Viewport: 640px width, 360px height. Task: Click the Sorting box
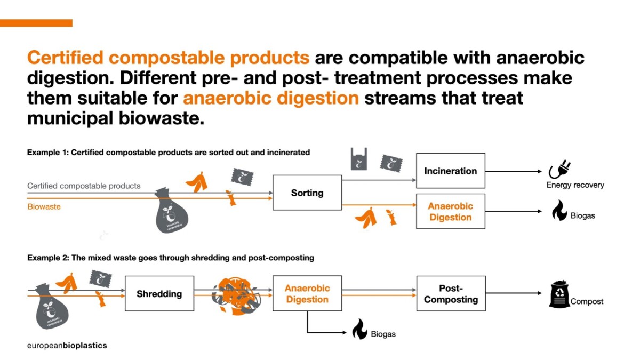[x=307, y=193]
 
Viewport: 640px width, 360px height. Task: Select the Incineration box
[x=451, y=171]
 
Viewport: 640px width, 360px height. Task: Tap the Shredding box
[x=159, y=293]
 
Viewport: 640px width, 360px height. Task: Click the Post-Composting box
[x=451, y=293]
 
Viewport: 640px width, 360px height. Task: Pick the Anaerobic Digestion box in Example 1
[x=451, y=211]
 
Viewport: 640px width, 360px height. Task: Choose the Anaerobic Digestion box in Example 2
[x=307, y=293]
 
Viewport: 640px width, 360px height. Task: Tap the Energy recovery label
[x=575, y=185]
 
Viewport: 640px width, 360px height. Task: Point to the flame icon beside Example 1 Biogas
[x=559, y=211]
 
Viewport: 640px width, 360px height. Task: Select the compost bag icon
[x=559, y=294]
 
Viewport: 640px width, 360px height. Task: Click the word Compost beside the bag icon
[x=587, y=301]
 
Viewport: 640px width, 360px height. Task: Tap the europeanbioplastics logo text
[x=67, y=345]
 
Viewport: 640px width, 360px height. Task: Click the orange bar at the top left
[x=36, y=23]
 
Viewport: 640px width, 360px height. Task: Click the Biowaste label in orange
[x=44, y=206]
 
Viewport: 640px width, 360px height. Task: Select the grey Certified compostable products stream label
[x=84, y=186]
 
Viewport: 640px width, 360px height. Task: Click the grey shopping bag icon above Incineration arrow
[x=358, y=159]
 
